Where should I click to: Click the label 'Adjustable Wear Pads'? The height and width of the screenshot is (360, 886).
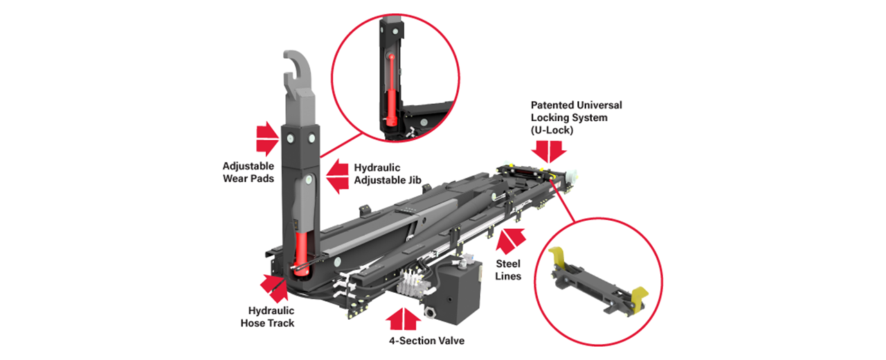248,172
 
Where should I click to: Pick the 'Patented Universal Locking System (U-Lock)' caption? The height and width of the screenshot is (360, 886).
576,118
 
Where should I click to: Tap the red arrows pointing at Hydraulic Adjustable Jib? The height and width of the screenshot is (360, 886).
337,174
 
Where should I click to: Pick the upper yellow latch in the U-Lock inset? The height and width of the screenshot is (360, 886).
557,256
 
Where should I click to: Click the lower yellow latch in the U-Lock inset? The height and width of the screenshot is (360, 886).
640,298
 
